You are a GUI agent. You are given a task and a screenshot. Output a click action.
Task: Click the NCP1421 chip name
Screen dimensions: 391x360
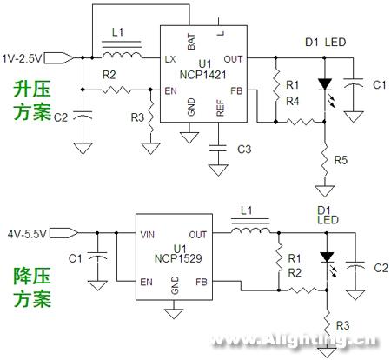pyautogui.click(x=202, y=75)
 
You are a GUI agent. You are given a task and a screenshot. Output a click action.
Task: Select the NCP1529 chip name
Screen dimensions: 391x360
pyautogui.click(x=178, y=258)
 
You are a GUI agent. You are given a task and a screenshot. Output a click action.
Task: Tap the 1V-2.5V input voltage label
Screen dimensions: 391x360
pyautogui.click(x=22, y=58)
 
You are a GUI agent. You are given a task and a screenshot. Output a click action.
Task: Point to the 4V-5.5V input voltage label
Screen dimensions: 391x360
pyautogui.click(x=27, y=234)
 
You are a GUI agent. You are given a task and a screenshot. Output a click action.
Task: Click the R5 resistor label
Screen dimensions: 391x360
pyautogui.click(x=341, y=160)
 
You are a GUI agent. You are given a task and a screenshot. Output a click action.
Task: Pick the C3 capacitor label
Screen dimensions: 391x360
pyautogui.click(x=244, y=150)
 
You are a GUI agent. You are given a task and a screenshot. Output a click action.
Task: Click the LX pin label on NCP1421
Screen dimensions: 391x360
pyautogui.click(x=170, y=59)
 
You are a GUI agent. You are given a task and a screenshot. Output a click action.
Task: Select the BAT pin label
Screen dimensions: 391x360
pyautogui.click(x=191, y=42)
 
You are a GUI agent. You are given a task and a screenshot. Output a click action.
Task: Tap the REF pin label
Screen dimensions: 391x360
pyautogui.click(x=220, y=108)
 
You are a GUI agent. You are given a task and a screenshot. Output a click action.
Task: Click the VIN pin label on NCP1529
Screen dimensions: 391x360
pyautogui.click(x=147, y=234)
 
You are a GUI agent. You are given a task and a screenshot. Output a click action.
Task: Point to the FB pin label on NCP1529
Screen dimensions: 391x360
pyautogui.click(x=202, y=282)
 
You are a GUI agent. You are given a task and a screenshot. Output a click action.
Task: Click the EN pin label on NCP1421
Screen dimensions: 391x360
pyautogui.click(x=170, y=91)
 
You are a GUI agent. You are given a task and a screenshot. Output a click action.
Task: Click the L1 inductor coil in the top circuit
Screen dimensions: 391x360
pyautogui.click(x=122, y=55)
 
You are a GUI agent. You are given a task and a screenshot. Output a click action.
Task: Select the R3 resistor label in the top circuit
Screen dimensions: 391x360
pyautogui.click(x=137, y=117)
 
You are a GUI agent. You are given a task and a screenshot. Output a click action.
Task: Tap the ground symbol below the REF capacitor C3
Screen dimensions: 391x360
pyautogui.click(x=218, y=170)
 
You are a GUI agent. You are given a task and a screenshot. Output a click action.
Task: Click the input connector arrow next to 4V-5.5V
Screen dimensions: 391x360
pyautogui.click(x=63, y=233)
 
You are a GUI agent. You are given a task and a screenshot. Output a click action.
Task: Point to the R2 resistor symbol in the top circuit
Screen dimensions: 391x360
pyautogui.click(x=116, y=90)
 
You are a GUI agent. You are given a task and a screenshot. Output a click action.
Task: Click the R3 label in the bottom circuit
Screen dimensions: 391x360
pyautogui.click(x=342, y=325)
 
